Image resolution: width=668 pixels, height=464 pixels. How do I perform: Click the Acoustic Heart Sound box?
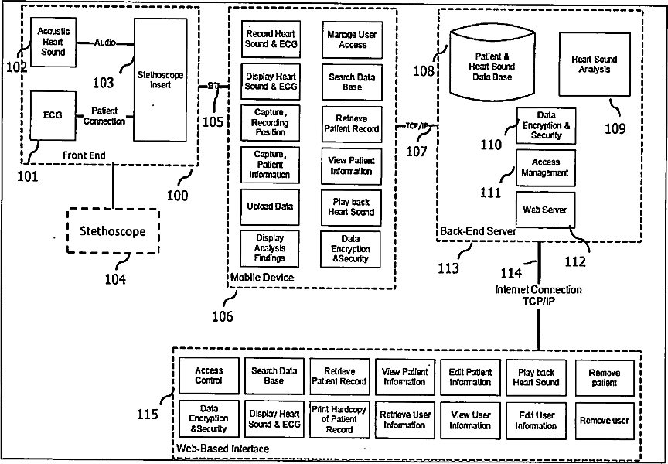tap(53, 41)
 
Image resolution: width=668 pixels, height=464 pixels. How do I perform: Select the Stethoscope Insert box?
tap(160, 80)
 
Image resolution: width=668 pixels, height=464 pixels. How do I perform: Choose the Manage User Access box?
tap(352, 39)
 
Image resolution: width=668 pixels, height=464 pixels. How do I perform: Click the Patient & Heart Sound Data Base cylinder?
tap(492, 62)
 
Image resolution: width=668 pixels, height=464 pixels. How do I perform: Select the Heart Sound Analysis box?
tap(594, 64)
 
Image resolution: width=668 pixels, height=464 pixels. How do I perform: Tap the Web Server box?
tap(544, 210)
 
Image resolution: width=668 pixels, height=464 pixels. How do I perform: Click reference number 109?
tap(615, 128)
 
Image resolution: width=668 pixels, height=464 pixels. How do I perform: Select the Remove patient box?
tap(604, 377)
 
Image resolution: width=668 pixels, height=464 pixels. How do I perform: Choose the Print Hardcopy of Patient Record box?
tap(339, 418)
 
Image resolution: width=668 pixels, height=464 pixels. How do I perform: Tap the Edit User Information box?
tap(536, 420)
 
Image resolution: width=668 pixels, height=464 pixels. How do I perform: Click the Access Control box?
tap(209, 376)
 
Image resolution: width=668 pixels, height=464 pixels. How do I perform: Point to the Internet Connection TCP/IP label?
tap(538, 295)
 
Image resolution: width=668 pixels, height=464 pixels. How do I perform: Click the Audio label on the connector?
tap(105, 43)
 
